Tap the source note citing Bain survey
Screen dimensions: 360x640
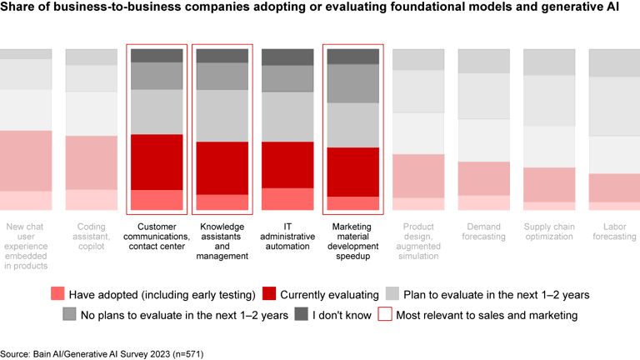102,354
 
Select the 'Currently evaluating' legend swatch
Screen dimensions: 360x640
268,293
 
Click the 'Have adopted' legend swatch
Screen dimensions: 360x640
57,293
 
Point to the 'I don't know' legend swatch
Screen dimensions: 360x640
301,314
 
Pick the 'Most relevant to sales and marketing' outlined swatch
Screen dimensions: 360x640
385,314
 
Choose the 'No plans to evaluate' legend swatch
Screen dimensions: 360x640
69,314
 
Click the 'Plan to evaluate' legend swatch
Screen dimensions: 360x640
392,293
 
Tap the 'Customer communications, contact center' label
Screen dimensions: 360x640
157,231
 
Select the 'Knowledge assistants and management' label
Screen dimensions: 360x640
222,241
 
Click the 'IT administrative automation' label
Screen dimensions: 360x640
287,236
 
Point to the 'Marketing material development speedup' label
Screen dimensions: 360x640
352,241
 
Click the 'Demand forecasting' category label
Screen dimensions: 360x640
483,231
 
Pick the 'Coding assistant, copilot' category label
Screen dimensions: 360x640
92,231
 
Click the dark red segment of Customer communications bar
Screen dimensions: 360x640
157,162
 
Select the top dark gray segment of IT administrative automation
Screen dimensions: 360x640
287,57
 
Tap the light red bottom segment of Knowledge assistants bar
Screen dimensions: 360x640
222,202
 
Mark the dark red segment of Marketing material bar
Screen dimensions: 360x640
352,172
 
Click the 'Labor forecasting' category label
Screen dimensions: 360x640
614,231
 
